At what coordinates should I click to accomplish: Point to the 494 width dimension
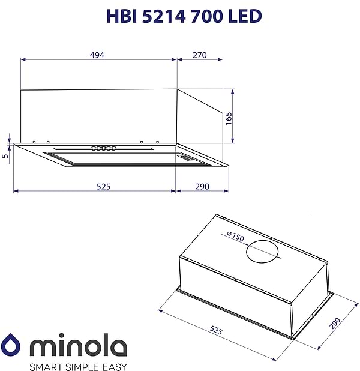coord(97,55)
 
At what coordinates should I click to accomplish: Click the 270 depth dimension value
coord(199,55)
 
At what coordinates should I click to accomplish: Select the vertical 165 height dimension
coord(229,117)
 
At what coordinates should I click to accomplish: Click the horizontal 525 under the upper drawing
coord(103,186)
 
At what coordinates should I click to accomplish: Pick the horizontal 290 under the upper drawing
coord(202,186)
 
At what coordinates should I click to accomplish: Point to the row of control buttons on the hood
coord(103,148)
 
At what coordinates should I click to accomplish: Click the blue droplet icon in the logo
coord(11,345)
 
